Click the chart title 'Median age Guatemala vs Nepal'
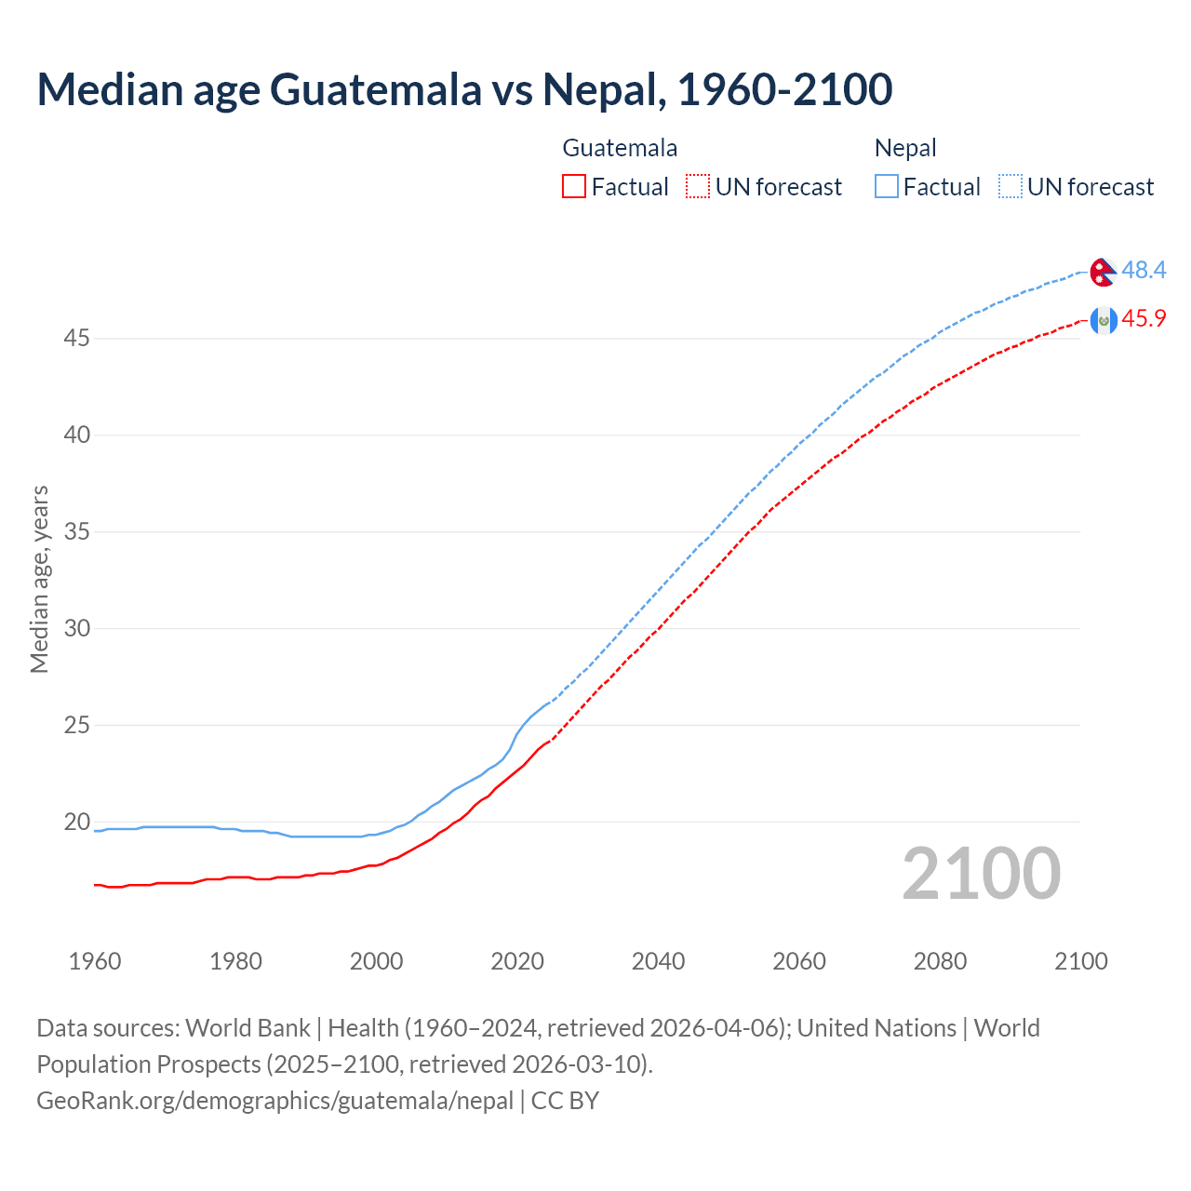[x=464, y=89]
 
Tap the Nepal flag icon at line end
[x=1103, y=272]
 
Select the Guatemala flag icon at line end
[x=1103, y=320]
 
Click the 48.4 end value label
[x=1144, y=271]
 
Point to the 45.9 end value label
[x=1144, y=319]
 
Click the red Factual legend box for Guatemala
[x=574, y=187]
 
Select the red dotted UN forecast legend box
[x=698, y=187]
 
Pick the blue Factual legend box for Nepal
[x=887, y=187]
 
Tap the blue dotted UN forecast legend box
[x=1010, y=187]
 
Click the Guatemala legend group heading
[x=620, y=148]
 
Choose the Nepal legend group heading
[x=905, y=148]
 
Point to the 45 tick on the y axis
[x=76, y=339]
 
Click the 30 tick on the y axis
[x=76, y=629]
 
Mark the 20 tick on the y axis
[x=76, y=823]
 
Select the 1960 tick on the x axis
[x=95, y=961]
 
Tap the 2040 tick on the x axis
[x=658, y=961]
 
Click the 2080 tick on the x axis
[x=940, y=961]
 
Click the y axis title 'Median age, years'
[x=39, y=579]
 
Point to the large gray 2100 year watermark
[x=981, y=874]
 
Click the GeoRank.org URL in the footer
[x=274, y=1101]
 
